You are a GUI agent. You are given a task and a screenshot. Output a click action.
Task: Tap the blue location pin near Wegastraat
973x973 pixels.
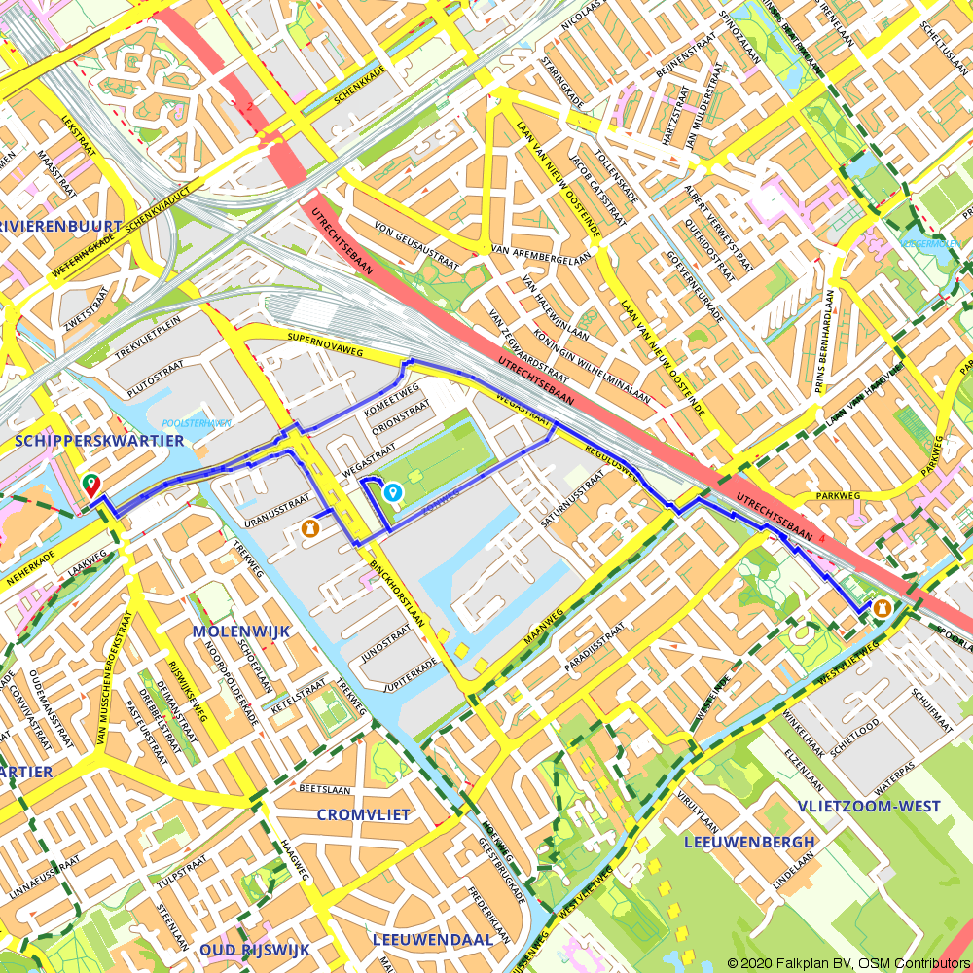[x=393, y=493]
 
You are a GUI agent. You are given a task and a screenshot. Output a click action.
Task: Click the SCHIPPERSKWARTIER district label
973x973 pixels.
[x=100, y=441]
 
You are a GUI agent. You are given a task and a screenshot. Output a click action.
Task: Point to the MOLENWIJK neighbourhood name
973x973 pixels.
[x=241, y=631]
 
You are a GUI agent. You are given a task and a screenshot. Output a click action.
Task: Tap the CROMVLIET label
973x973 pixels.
[x=364, y=814]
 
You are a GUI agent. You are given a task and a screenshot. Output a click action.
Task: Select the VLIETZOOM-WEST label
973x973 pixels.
[x=869, y=806]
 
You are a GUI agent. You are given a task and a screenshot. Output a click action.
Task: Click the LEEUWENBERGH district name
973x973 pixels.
[x=749, y=841]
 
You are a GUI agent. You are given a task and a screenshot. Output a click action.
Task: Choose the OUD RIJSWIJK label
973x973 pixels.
[x=254, y=949]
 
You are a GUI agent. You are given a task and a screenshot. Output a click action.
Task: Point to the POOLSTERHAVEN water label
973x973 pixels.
[x=197, y=423]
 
